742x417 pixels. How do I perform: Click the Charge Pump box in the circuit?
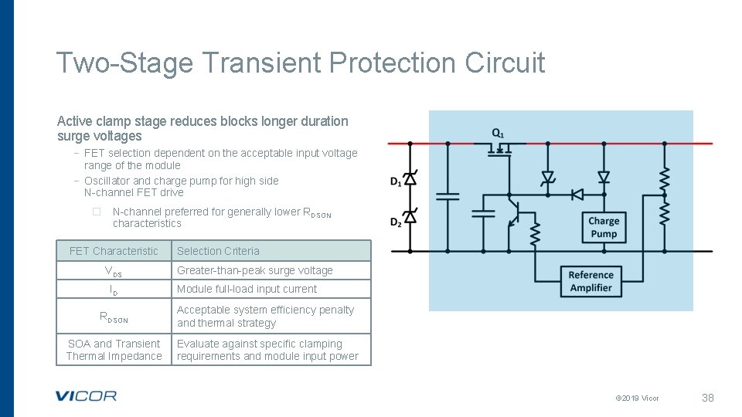coord(604,227)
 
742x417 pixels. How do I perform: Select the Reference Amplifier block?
coord(591,281)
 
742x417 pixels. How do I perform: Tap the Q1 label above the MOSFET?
coord(499,133)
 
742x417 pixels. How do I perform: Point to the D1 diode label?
coord(395,181)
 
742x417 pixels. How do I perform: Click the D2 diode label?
coord(395,222)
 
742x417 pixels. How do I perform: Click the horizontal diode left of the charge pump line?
coord(577,194)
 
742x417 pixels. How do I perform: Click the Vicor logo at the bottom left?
coord(86,396)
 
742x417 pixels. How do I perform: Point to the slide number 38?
coord(707,398)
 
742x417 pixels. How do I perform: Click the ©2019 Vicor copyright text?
coord(637,398)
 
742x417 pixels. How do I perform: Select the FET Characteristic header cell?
coord(114,251)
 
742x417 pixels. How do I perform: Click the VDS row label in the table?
coord(114,271)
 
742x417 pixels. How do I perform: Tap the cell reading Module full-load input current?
coord(247,289)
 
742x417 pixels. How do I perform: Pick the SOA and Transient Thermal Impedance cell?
coord(114,350)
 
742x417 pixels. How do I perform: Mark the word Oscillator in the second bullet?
coord(107,181)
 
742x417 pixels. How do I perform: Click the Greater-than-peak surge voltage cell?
coord(255,270)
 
